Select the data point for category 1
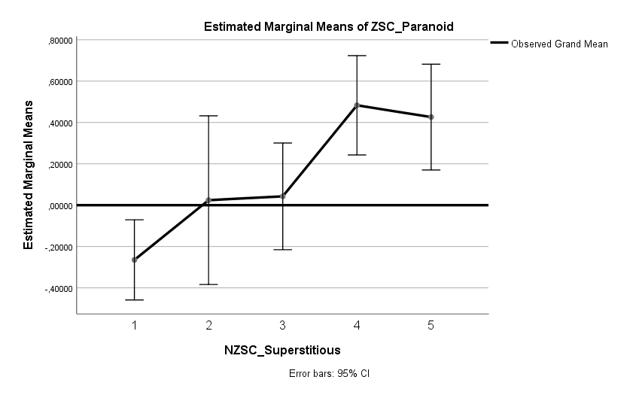(135, 260)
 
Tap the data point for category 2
(208, 200)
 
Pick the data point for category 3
(283, 196)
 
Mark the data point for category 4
(357, 105)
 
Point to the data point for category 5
(431, 117)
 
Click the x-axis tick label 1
(135, 325)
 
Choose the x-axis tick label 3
(283, 325)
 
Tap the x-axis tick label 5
(431, 325)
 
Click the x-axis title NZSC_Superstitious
(282, 350)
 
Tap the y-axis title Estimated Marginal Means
(29, 174)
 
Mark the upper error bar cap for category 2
(208, 116)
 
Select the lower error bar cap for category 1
(135, 300)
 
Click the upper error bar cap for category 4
(357, 56)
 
